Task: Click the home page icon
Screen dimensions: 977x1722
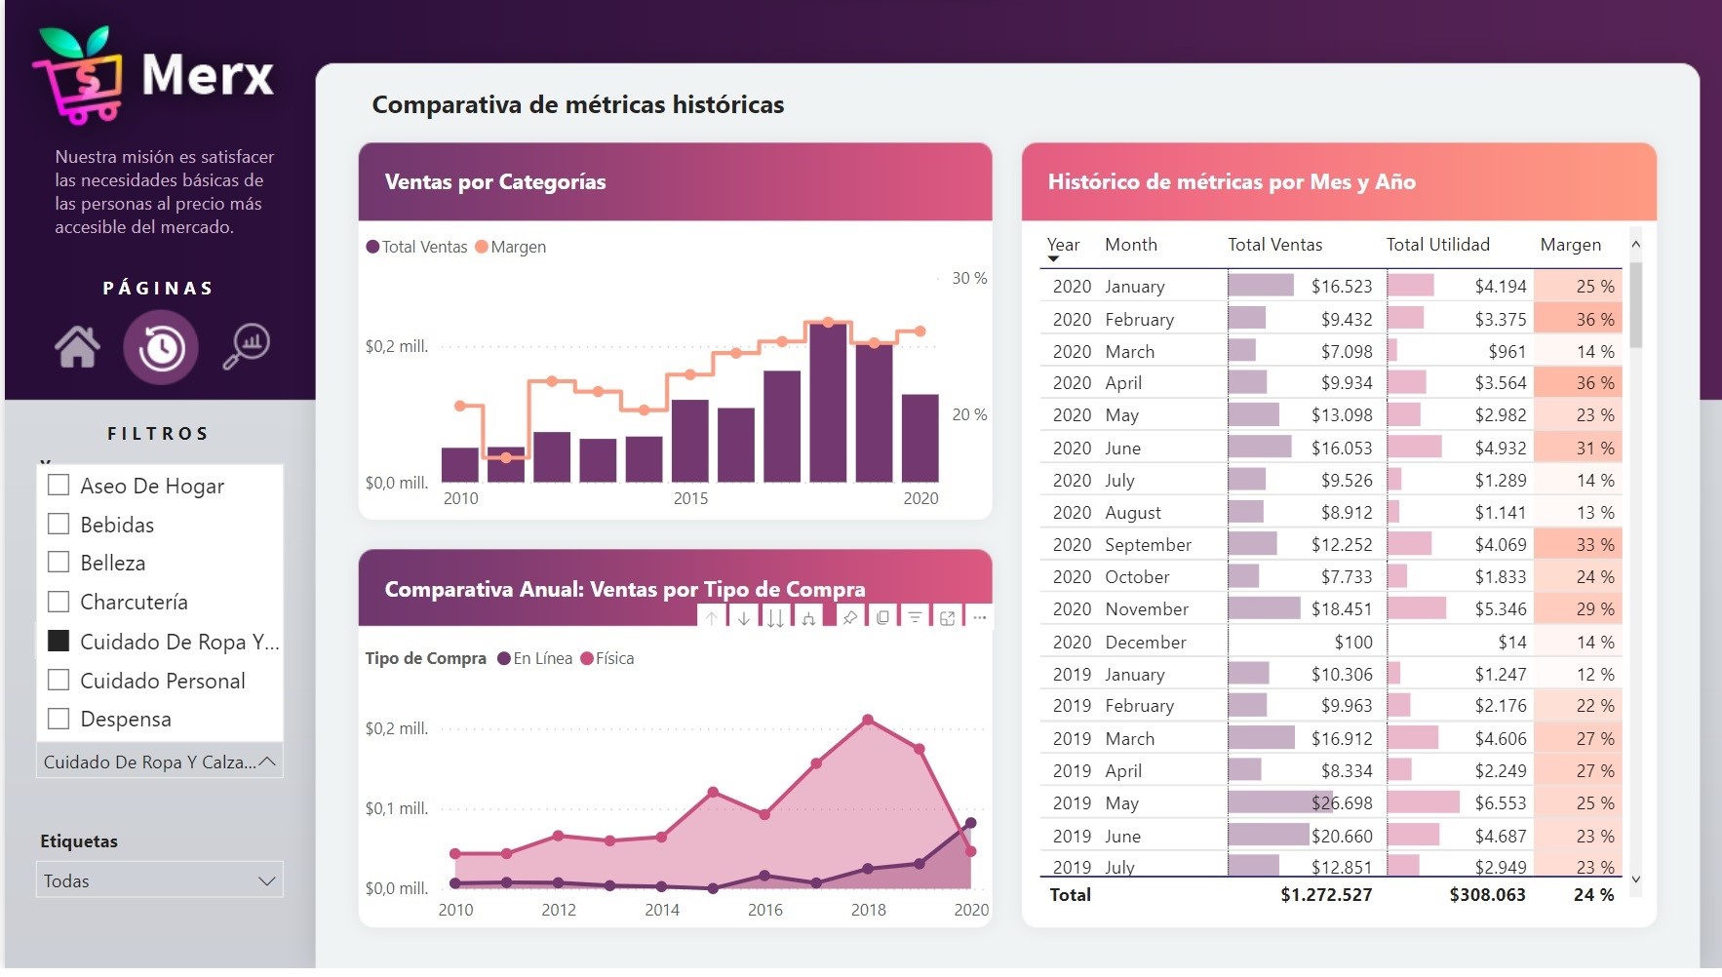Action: click(77, 346)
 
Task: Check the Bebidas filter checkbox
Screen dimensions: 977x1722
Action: click(59, 525)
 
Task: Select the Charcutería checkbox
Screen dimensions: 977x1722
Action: click(59, 602)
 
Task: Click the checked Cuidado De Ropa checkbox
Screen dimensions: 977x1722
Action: click(59, 641)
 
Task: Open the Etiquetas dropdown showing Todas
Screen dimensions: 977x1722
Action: click(159, 880)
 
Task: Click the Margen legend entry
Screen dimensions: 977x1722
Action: click(510, 247)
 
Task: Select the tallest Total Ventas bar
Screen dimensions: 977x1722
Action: click(828, 402)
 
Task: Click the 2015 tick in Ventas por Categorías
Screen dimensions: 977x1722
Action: click(690, 498)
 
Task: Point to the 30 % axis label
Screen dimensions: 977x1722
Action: click(969, 278)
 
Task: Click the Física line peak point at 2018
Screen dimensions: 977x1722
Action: click(868, 721)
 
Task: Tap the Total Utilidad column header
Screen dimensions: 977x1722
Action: click(1437, 245)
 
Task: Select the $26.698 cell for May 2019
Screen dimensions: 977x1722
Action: click(1342, 803)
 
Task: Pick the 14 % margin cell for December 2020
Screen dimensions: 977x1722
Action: click(1594, 643)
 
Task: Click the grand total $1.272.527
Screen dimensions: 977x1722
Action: click(1325, 895)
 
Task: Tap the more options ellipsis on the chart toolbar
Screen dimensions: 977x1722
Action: click(979, 617)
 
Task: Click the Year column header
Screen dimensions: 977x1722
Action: click(1062, 245)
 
